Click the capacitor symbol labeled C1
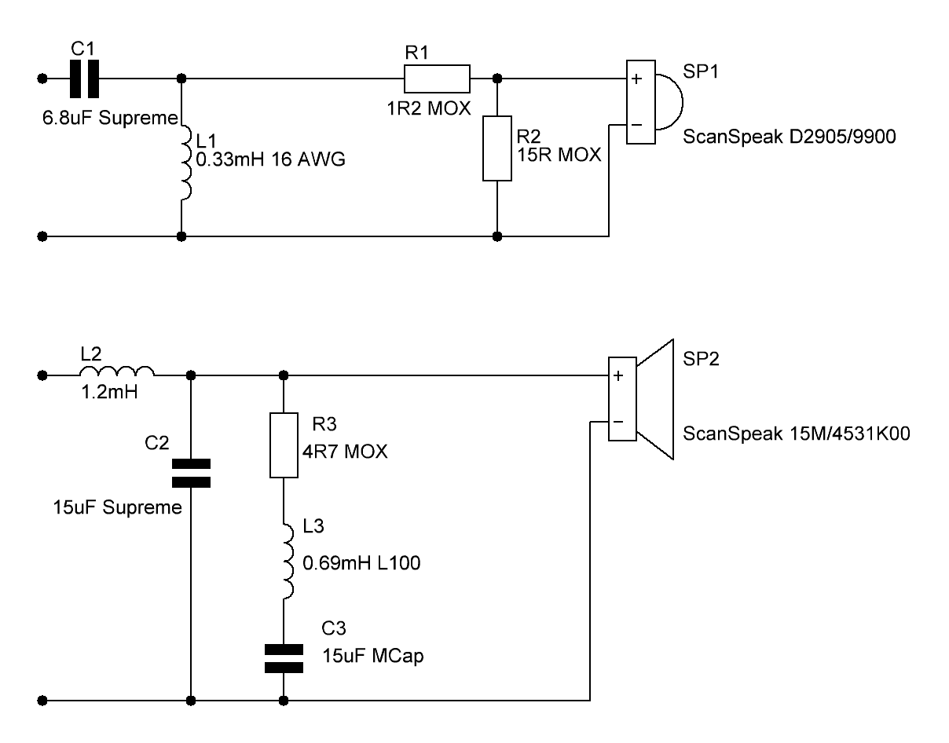82,79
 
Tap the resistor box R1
437,79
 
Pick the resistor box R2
496,149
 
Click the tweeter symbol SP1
654,103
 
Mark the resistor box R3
284,444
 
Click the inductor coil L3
286,561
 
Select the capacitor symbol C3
284,658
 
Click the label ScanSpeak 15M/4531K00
796,434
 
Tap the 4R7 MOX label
346,454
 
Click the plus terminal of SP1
636,79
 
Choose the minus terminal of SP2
618,423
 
